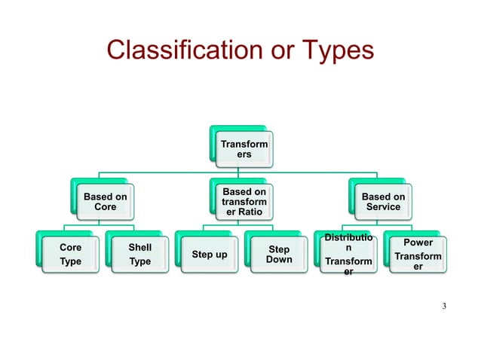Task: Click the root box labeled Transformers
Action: pyautogui.click(x=242, y=148)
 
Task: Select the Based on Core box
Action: pyautogui.click(x=105, y=202)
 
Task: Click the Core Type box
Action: pyautogui.click(x=70, y=255)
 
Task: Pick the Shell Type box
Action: pyautogui.click(x=139, y=255)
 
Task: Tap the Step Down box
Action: pyautogui.click(x=279, y=255)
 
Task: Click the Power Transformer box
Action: pyautogui.click(x=418, y=255)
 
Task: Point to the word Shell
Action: pyautogui.click(x=139, y=247)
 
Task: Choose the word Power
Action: pyautogui.click(x=418, y=243)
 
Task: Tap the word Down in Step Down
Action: pyautogui.click(x=279, y=260)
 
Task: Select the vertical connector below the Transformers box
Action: pyautogui.click(x=242, y=169)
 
